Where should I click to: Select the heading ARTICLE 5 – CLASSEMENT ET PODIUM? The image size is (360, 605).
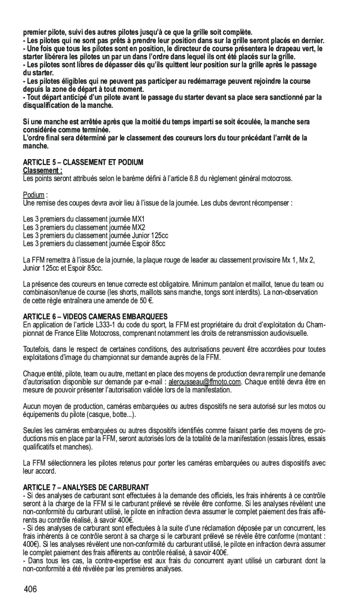[83, 162]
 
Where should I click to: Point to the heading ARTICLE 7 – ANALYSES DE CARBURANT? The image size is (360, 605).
[86, 487]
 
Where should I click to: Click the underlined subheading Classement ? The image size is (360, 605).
[43, 170]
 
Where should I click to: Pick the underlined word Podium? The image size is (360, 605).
[34, 195]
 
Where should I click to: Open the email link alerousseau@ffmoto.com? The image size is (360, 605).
[204, 382]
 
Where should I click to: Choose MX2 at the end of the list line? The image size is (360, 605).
[139, 227]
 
